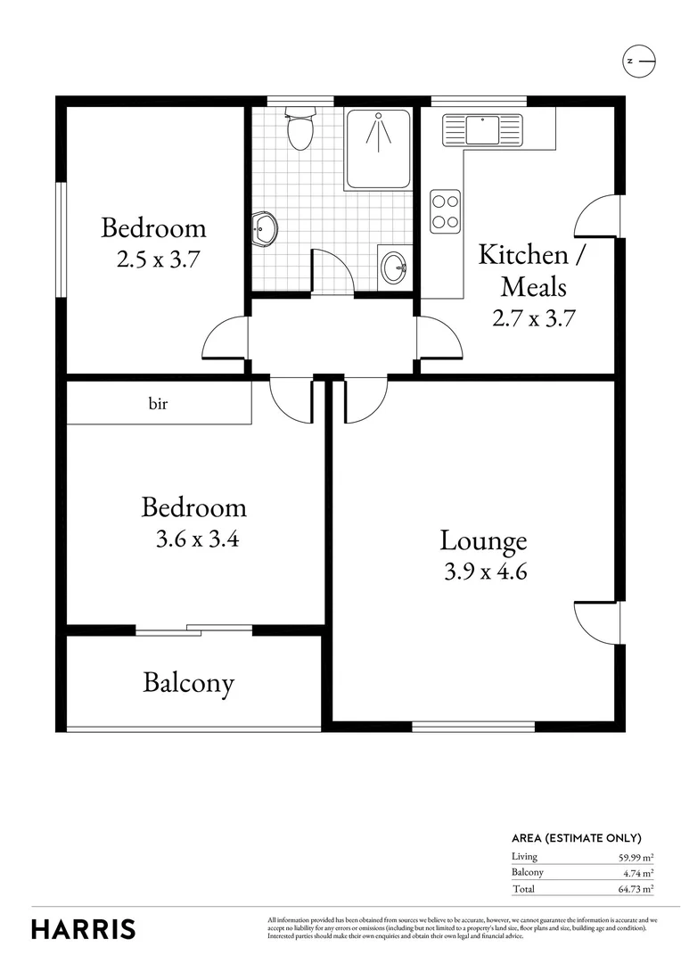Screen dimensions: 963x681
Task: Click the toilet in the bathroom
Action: pyautogui.click(x=301, y=130)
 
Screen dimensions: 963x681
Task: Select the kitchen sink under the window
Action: pyautogui.click(x=482, y=131)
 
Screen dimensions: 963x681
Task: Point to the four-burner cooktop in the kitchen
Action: pyautogui.click(x=444, y=211)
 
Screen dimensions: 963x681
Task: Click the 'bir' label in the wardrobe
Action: pyautogui.click(x=158, y=404)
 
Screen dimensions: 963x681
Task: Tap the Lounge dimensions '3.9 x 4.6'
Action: pyautogui.click(x=486, y=572)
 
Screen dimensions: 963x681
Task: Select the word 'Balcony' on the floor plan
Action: pyautogui.click(x=188, y=684)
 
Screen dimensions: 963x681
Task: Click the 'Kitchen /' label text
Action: pyautogui.click(x=531, y=255)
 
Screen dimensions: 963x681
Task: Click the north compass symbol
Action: pyautogui.click(x=638, y=61)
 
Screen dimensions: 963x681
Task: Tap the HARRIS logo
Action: pyautogui.click(x=84, y=928)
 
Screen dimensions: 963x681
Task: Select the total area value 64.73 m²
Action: pyautogui.click(x=636, y=889)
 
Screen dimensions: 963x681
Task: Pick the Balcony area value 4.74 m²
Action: pyautogui.click(x=639, y=873)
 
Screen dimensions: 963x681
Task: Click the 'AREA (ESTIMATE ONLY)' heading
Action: pyautogui.click(x=576, y=838)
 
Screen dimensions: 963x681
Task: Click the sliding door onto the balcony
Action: pyautogui.click(x=194, y=630)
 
